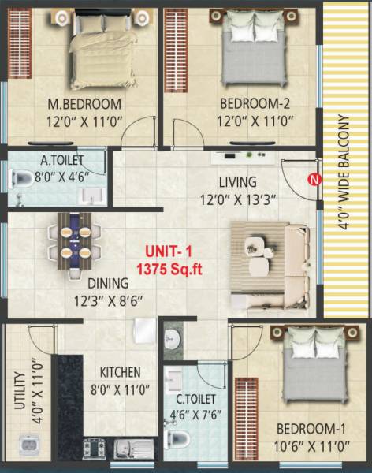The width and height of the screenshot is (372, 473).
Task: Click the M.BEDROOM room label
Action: pos(84,104)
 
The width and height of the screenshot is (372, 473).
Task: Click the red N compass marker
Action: pos(314,179)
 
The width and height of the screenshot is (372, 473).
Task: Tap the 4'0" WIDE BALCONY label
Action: pos(343,172)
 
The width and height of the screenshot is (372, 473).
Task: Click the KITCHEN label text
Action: pos(121,372)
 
